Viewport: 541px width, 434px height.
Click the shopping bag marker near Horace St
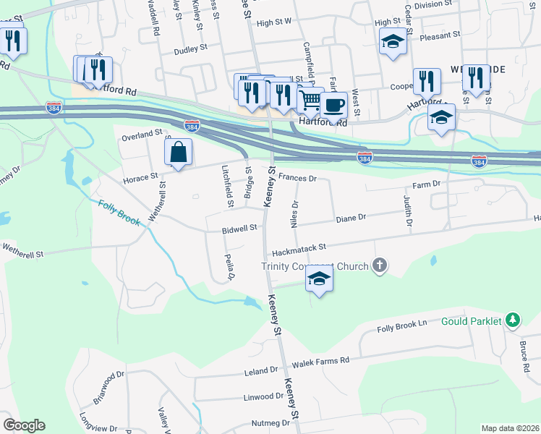(x=177, y=153)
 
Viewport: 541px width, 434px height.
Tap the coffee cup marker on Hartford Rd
(x=333, y=106)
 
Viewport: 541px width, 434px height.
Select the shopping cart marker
(x=310, y=100)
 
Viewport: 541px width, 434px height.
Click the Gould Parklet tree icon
(x=513, y=320)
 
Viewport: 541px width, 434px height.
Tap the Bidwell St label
(x=239, y=229)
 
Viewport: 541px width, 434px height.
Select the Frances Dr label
(x=297, y=177)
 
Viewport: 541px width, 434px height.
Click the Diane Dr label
(x=352, y=216)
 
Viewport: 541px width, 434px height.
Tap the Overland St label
(x=142, y=135)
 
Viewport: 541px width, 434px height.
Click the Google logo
(x=24, y=425)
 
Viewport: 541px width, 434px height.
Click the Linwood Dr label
(x=264, y=396)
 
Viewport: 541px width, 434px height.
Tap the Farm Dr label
(x=427, y=184)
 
